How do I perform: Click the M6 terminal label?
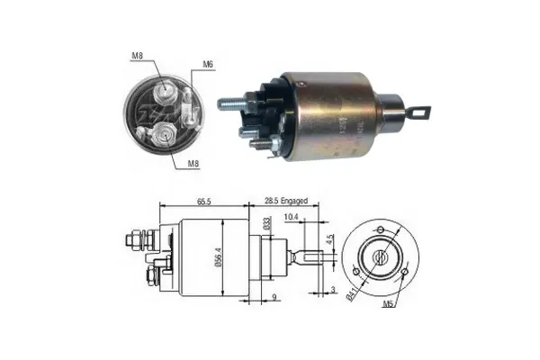[208, 64]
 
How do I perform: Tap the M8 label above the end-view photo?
[138, 56]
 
